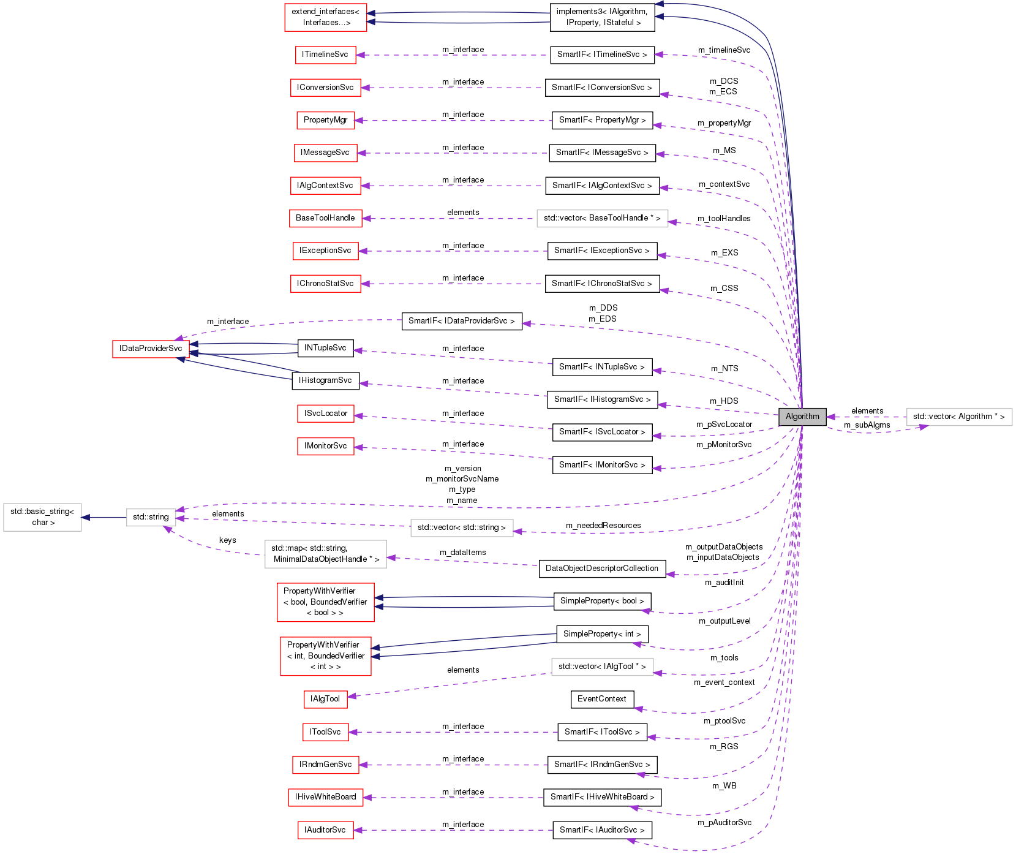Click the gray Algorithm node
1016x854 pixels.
(802, 417)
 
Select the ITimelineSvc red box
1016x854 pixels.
(325, 55)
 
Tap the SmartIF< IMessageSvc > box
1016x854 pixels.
(602, 153)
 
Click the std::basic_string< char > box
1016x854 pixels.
(42, 517)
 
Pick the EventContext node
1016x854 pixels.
(602, 699)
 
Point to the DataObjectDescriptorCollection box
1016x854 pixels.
(601, 569)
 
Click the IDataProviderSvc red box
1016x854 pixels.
(151, 349)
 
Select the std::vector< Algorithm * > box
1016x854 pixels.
(958, 417)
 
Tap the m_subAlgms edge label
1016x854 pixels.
(867, 425)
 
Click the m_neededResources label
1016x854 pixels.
(603, 526)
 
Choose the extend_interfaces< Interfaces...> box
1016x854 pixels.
(325, 17)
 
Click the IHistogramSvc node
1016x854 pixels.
(325, 380)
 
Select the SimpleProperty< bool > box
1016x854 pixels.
(602, 601)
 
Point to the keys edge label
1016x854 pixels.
(227, 540)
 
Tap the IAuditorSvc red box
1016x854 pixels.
(325, 830)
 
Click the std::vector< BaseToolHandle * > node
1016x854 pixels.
(602, 218)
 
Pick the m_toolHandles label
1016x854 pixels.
(724, 219)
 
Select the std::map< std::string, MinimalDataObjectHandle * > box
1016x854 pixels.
(326, 554)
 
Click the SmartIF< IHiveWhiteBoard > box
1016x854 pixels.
(602, 797)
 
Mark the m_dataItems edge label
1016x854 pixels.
(462, 553)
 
